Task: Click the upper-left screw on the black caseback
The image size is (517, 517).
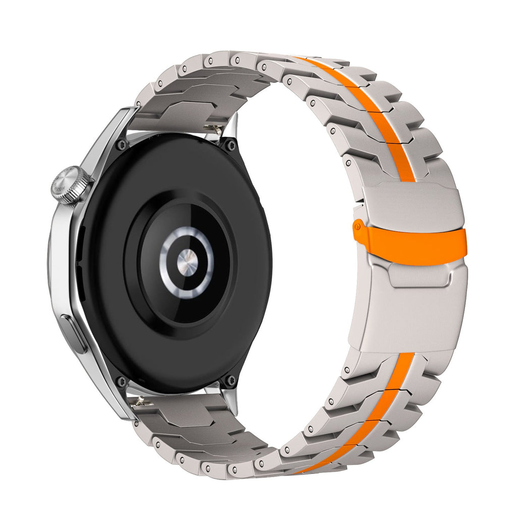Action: [x=121, y=145]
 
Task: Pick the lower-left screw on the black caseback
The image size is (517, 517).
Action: [x=120, y=380]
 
